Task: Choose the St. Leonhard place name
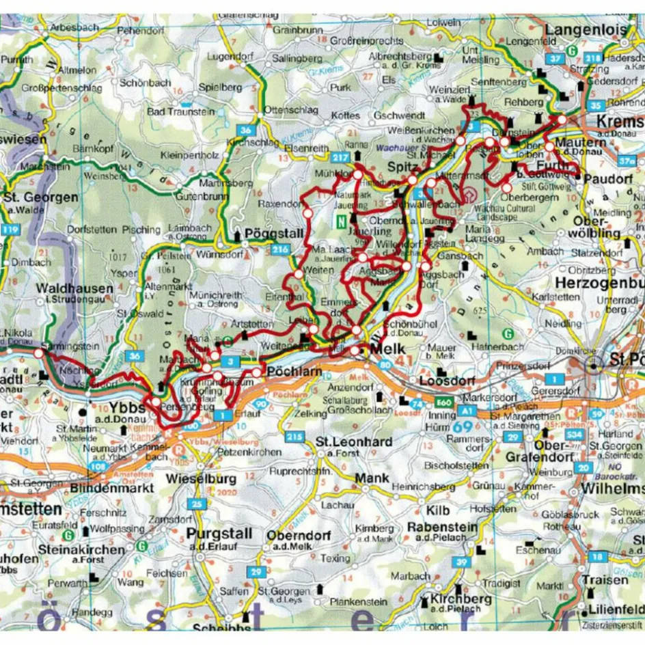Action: click(x=354, y=442)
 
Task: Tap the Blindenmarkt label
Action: click(x=111, y=489)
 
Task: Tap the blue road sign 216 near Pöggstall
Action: click(x=280, y=251)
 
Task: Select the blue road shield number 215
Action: click(x=294, y=437)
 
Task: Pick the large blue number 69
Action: click(x=461, y=426)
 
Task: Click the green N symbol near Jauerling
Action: click(x=340, y=220)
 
